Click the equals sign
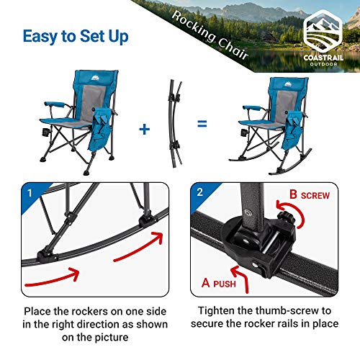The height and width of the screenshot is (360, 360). click(x=201, y=124)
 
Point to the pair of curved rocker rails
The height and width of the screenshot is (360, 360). click(x=173, y=122)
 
